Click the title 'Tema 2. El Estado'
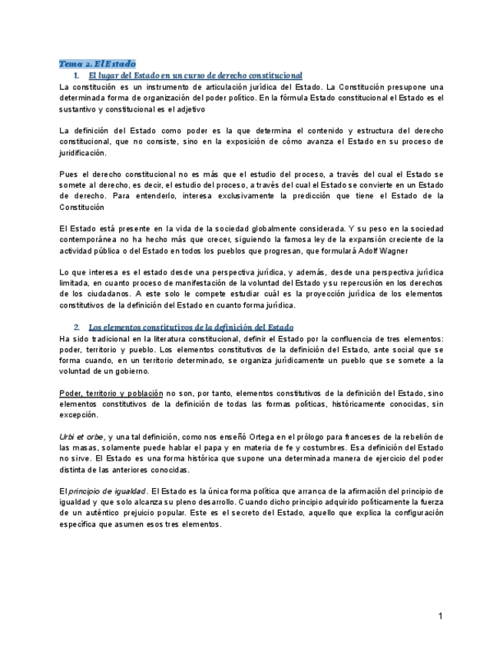coord(98,64)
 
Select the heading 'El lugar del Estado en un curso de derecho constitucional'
coord(195,75)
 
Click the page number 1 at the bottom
coord(441,616)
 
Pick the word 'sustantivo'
coord(81,109)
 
